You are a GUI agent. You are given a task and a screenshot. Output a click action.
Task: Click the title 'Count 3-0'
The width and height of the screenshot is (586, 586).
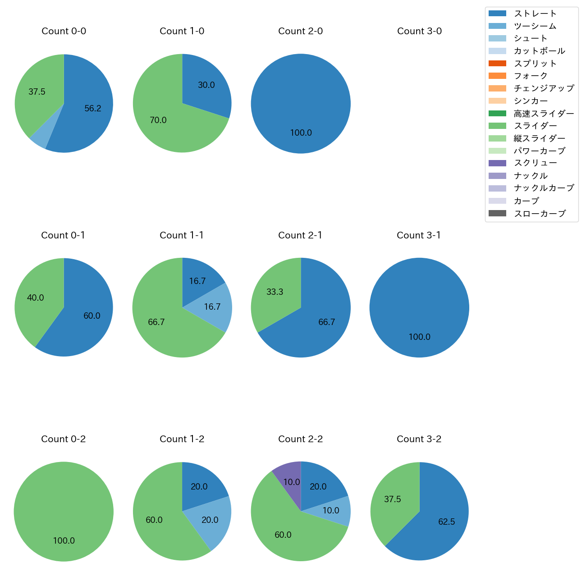pyautogui.click(x=419, y=31)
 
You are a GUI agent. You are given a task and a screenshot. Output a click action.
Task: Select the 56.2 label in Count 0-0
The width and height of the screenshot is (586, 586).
pyautogui.click(x=93, y=109)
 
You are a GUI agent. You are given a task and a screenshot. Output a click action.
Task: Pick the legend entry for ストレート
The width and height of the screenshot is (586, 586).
pyautogui.click(x=535, y=14)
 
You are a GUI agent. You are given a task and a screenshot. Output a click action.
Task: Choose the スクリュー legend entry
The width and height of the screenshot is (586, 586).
pyautogui.click(x=535, y=163)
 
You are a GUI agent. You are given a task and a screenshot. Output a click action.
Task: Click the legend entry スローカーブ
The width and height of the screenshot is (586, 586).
pyautogui.click(x=540, y=214)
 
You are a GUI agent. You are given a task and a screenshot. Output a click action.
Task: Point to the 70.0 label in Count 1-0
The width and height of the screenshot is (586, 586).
pyautogui.click(x=158, y=120)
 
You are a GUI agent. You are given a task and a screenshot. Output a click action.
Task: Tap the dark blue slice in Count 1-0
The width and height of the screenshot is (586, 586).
pyautogui.click(x=205, y=88)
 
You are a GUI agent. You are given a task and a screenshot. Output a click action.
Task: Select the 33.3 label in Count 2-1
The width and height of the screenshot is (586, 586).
pyautogui.click(x=275, y=292)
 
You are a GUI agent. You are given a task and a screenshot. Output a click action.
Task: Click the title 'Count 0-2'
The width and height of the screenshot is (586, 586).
pyautogui.click(x=64, y=439)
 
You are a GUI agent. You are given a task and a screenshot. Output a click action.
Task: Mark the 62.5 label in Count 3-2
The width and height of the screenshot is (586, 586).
pyautogui.click(x=446, y=522)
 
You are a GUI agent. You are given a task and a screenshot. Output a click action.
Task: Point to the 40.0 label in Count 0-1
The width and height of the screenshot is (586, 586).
pyautogui.click(x=36, y=298)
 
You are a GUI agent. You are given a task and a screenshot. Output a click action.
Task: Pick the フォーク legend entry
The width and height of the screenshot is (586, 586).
pyautogui.click(x=531, y=76)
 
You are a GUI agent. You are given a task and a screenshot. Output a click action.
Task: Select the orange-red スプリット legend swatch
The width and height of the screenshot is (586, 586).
pyautogui.click(x=497, y=64)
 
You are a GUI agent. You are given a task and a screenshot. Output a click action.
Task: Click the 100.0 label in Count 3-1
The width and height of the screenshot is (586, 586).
pyautogui.click(x=419, y=337)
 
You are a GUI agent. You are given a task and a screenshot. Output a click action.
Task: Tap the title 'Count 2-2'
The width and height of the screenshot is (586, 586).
pyautogui.click(x=301, y=439)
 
